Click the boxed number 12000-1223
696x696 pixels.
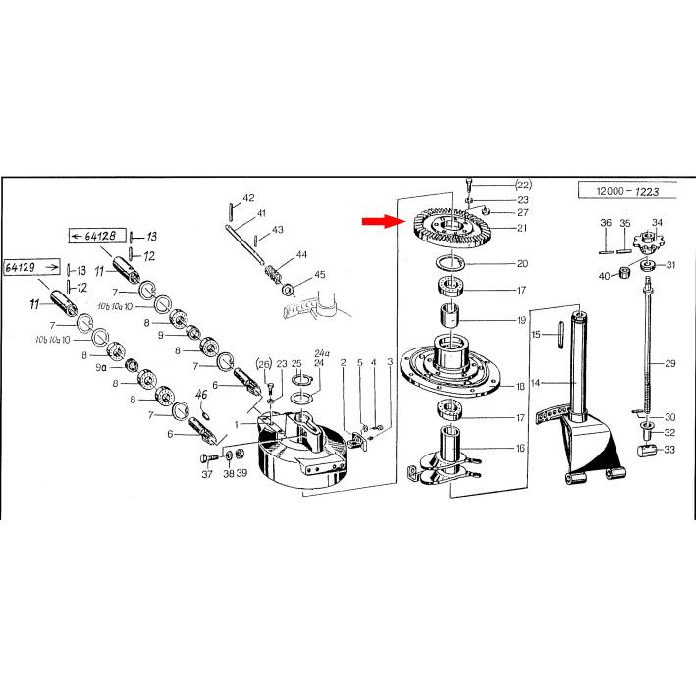click(x=627, y=191)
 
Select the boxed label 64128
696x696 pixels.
click(x=97, y=236)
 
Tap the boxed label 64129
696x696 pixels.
click(x=31, y=267)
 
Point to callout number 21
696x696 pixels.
click(x=522, y=228)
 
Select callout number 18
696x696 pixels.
click(x=520, y=386)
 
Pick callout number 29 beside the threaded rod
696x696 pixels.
click(x=669, y=363)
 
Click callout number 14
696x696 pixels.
click(x=536, y=383)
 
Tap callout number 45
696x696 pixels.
click(x=320, y=275)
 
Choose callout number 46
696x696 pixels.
click(x=201, y=395)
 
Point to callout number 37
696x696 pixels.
click(x=207, y=474)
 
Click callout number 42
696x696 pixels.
click(x=249, y=198)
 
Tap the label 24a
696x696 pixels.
click(x=322, y=353)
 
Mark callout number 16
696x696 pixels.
click(x=520, y=448)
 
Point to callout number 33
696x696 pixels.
click(x=669, y=450)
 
